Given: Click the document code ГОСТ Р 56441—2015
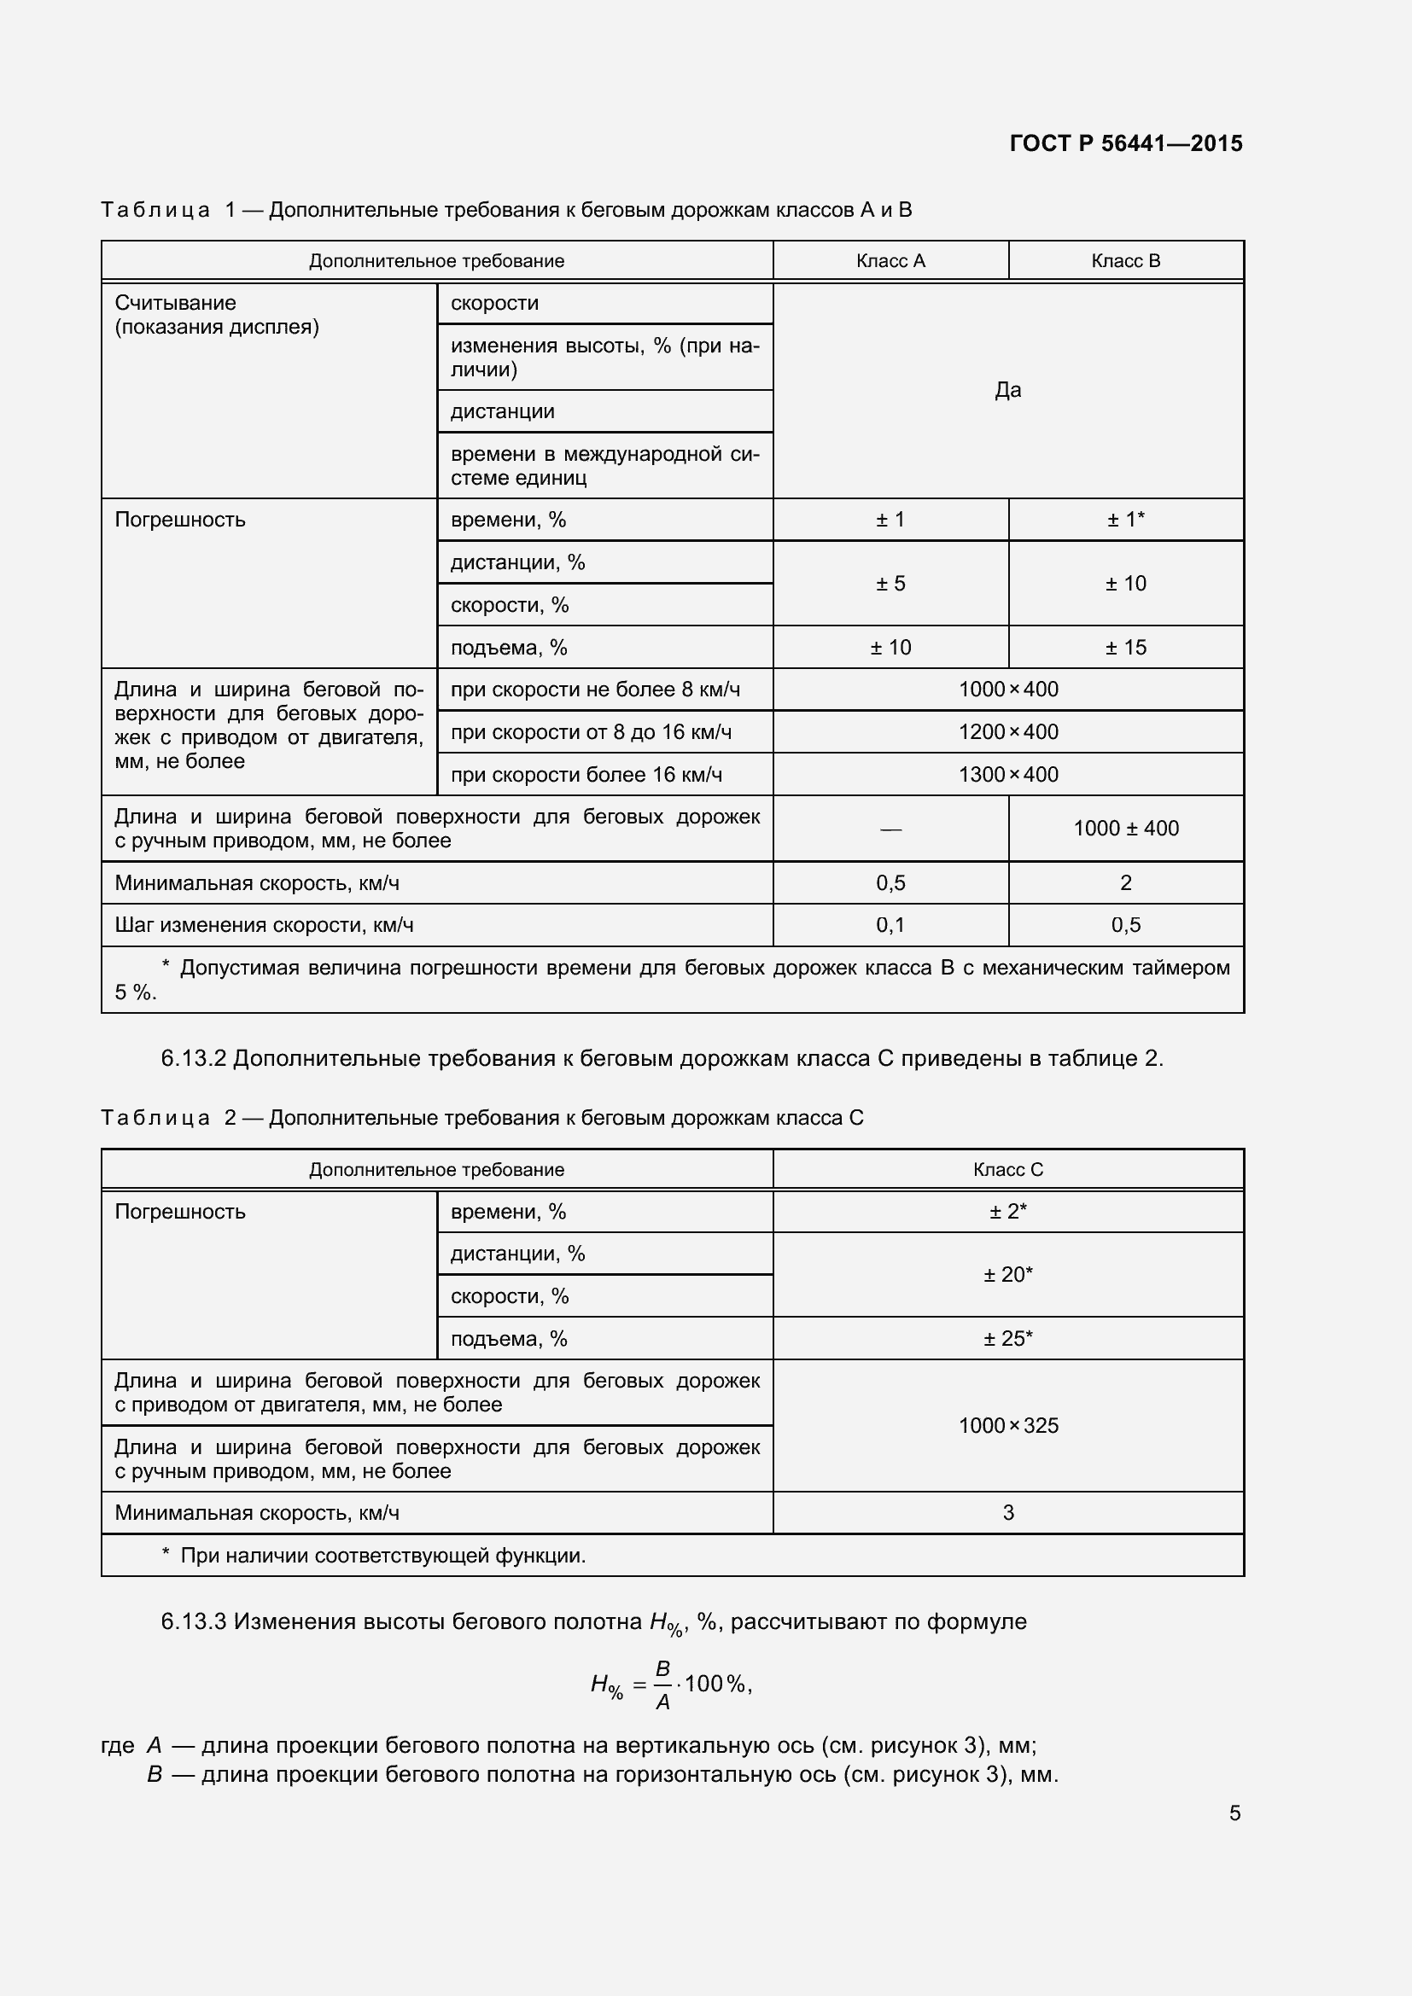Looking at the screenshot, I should click(x=1125, y=143).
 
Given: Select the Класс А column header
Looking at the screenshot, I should click(x=890, y=261).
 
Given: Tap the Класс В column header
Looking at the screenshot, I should click(x=1125, y=261).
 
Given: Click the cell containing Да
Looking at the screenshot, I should click(x=1006, y=390).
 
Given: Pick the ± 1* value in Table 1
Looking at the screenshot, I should click(x=1125, y=520).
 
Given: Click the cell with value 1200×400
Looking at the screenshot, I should click(x=1007, y=732).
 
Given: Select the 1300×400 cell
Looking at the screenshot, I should click(x=1007, y=775).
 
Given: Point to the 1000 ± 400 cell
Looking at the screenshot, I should click(x=1125, y=829).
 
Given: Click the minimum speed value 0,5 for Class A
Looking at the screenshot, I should click(x=890, y=883).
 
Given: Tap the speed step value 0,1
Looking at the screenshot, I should click(x=890, y=925).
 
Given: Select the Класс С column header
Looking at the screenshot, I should click(x=1007, y=1169).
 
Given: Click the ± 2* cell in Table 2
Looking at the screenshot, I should click(x=1007, y=1211).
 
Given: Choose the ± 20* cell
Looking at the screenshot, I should click(x=1007, y=1274).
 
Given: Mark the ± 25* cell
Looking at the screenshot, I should click(x=1007, y=1338).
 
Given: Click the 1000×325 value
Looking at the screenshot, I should click(x=1007, y=1426).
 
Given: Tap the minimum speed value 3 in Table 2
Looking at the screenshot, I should click(x=1007, y=1513).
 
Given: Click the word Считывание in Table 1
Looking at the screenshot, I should click(x=175, y=304).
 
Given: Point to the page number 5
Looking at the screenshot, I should click(x=1234, y=1813).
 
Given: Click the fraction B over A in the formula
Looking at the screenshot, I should click(x=662, y=1685).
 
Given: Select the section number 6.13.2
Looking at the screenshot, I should click(x=193, y=1059).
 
